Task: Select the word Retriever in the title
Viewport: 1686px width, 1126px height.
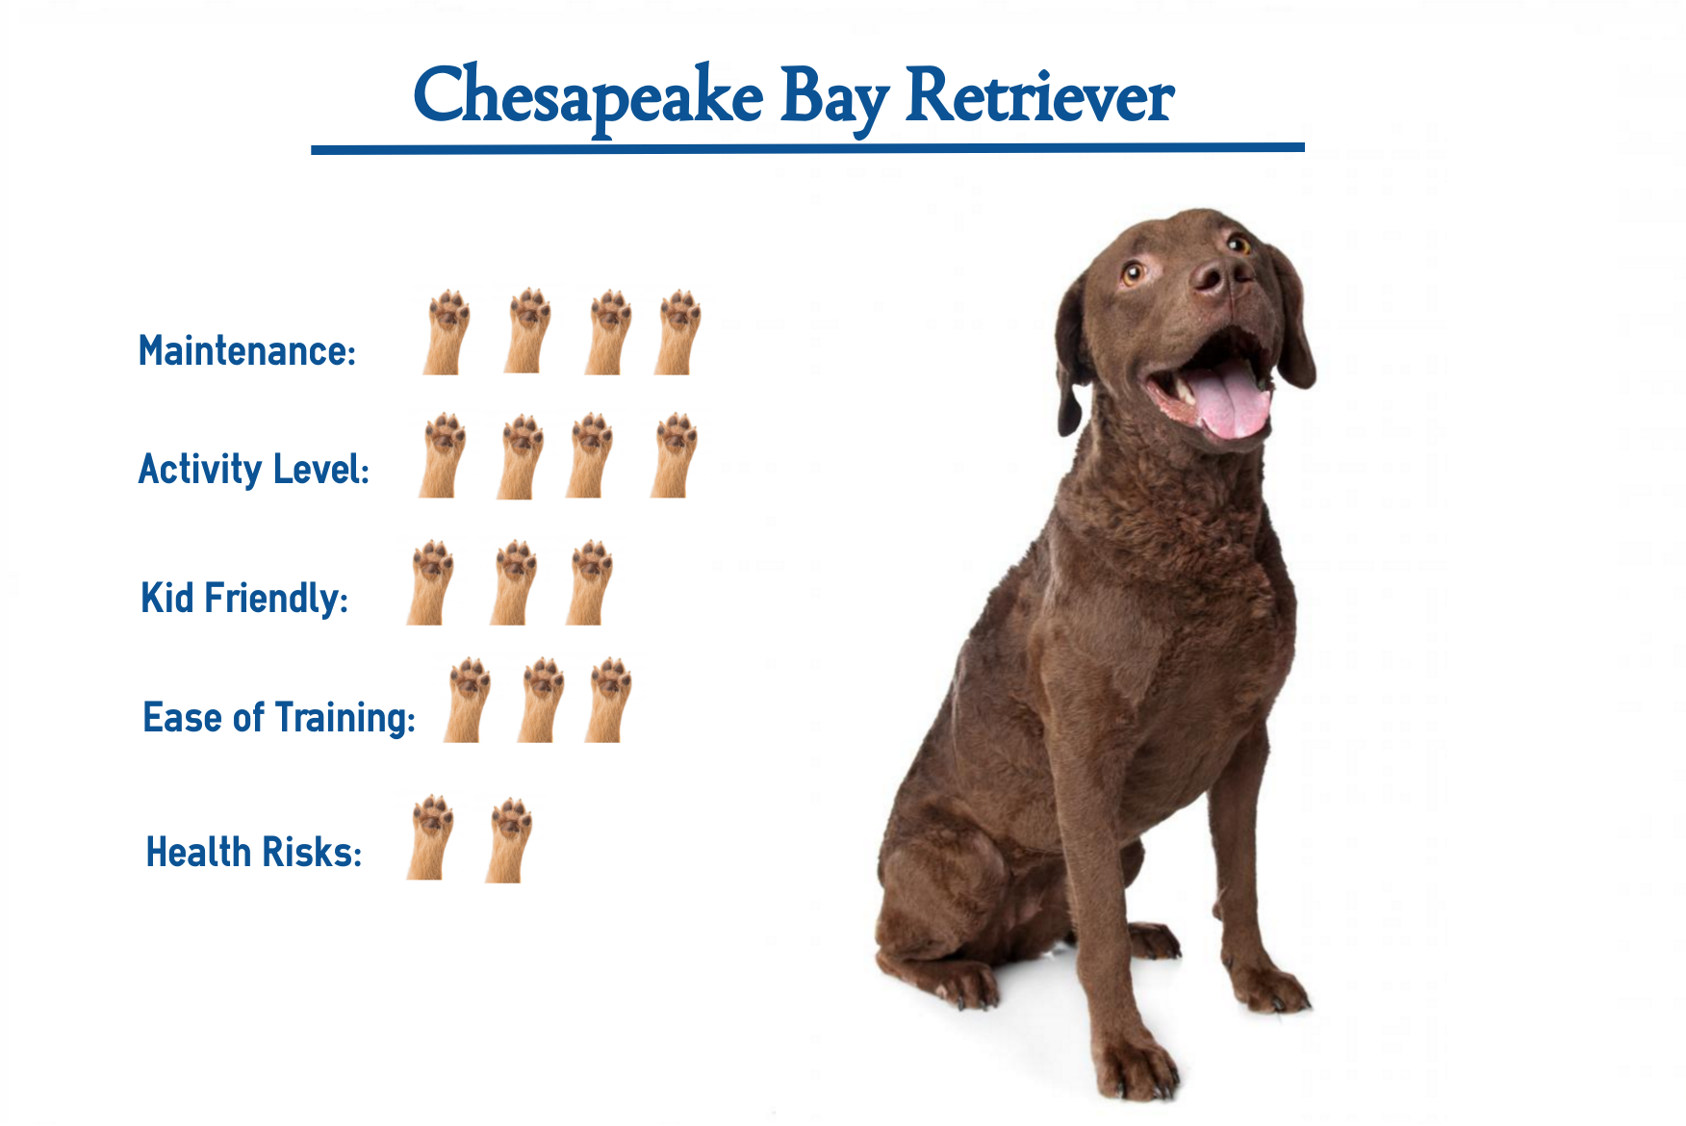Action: [1039, 96]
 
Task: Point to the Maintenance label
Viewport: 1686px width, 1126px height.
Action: [247, 350]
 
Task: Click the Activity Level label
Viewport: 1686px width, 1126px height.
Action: [254, 469]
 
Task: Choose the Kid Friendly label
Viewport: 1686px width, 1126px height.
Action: [244, 598]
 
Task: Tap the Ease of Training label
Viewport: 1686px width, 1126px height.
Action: [279, 718]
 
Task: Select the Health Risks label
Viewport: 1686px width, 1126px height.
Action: [254, 853]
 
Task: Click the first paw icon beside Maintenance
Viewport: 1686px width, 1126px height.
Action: [447, 331]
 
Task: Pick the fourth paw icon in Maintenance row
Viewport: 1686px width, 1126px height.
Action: [677, 331]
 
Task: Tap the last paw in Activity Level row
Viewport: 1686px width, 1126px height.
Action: [674, 455]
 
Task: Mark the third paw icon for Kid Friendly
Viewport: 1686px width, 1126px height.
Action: [588, 582]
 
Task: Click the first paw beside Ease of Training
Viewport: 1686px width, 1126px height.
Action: [467, 700]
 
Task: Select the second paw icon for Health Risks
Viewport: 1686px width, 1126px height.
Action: [508, 839]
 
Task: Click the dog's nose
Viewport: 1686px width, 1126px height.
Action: [1219, 275]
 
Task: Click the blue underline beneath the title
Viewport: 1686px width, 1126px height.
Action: [807, 147]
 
